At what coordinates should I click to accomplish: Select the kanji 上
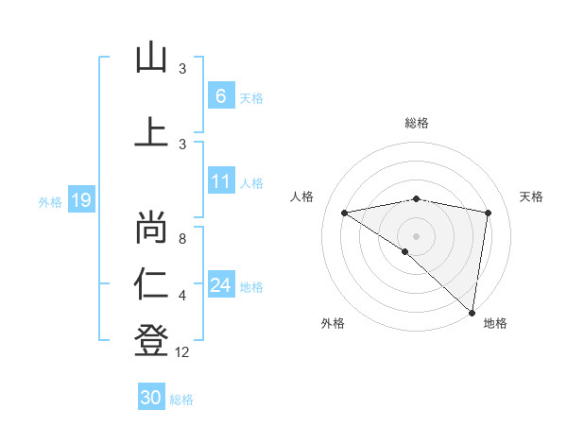(x=151, y=131)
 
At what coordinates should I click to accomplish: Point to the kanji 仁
(x=151, y=282)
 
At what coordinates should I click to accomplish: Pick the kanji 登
(x=151, y=339)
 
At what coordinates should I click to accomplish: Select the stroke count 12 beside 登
(x=183, y=352)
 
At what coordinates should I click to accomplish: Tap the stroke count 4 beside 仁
(x=182, y=296)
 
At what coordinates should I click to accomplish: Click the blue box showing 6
(x=220, y=95)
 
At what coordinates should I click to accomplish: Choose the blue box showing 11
(x=220, y=181)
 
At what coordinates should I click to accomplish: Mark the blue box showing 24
(x=220, y=285)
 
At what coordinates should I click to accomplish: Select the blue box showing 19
(x=80, y=200)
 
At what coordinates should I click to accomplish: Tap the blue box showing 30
(x=150, y=398)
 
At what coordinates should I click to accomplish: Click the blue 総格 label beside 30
(x=181, y=400)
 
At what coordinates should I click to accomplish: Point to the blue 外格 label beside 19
(x=50, y=201)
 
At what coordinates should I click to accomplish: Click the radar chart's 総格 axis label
(x=417, y=123)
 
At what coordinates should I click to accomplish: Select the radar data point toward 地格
(x=472, y=312)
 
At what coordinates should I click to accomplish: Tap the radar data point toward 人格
(x=344, y=213)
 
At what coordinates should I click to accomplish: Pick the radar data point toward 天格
(x=489, y=213)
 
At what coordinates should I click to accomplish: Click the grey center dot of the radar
(x=416, y=235)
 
